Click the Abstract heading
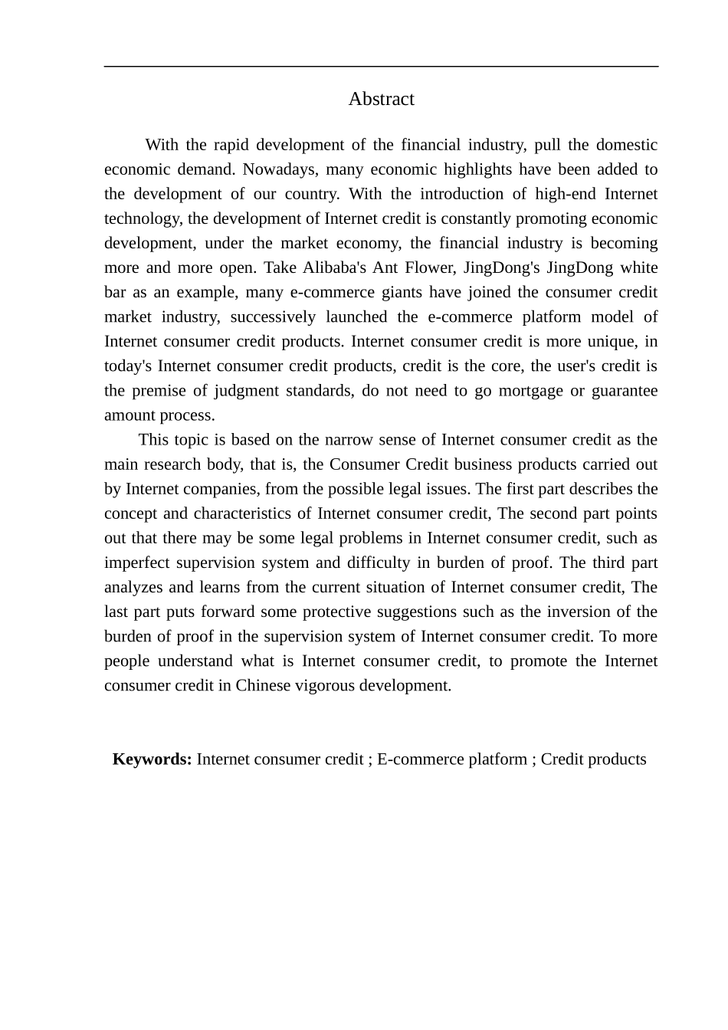[x=381, y=99]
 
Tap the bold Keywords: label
[x=152, y=759]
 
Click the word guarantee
[x=624, y=391]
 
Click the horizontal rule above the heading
[x=381, y=67]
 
